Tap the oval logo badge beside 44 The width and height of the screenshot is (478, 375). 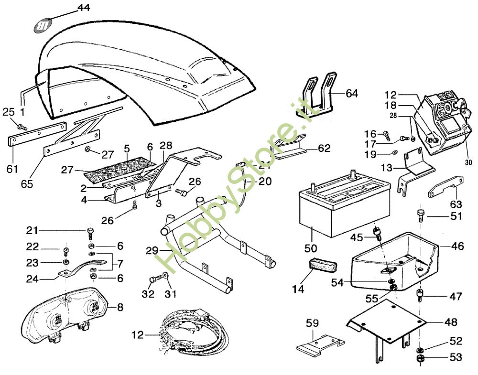(43, 26)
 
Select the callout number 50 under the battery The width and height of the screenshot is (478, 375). (311, 248)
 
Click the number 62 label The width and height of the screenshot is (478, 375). (324, 149)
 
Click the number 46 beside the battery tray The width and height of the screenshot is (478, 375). (457, 246)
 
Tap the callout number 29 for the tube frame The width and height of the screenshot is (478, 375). (152, 250)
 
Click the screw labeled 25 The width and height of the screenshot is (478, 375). (21, 126)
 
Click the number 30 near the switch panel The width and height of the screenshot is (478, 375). (468, 162)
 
